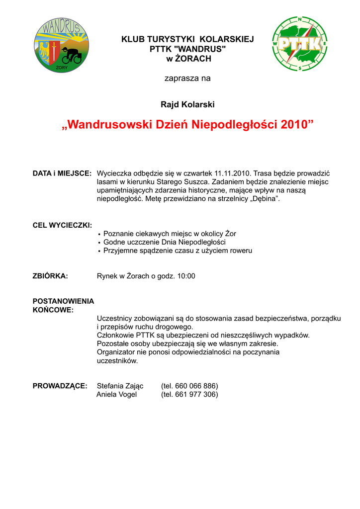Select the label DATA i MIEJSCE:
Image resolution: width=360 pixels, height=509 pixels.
(x=62, y=173)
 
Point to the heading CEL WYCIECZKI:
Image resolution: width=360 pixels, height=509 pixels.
(x=62, y=225)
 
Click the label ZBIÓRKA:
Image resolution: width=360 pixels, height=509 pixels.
(x=50, y=276)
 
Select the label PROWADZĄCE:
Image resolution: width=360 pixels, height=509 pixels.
(x=60, y=386)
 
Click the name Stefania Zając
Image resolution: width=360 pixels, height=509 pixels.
(x=120, y=386)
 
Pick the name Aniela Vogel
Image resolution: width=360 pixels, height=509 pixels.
(x=116, y=395)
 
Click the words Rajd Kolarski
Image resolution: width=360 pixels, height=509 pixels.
(x=187, y=104)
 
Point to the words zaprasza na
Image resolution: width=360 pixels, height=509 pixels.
(x=187, y=79)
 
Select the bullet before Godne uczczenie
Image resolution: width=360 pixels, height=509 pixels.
(x=99, y=243)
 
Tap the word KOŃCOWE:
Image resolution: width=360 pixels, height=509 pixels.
(x=53, y=310)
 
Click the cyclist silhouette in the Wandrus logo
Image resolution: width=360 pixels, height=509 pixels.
(x=72, y=56)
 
